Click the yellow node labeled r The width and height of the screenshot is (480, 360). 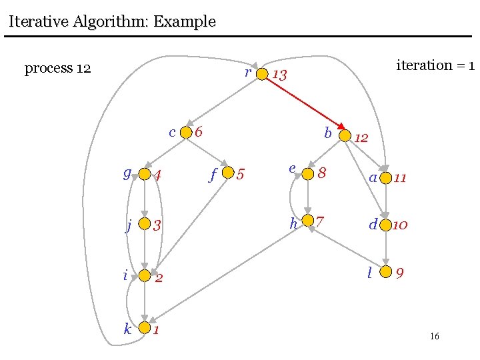point(262,73)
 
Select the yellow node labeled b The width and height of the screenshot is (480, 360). point(345,135)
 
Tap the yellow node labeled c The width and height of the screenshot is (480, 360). point(186,133)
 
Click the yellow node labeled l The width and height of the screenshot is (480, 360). point(385,271)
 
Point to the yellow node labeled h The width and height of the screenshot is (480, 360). point(307,221)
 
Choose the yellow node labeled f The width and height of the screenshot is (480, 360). point(228,173)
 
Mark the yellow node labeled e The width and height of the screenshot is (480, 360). point(307,174)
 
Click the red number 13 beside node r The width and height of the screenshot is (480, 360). point(280,75)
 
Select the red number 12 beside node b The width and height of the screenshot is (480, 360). point(361,139)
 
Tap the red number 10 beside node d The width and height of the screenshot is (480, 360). point(400,225)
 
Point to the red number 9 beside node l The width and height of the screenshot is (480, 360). point(399,273)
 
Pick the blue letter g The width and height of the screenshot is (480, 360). point(127,173)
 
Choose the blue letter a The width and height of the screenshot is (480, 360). point(373,178)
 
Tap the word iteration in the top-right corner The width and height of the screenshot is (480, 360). point(424,65)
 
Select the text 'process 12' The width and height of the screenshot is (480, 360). point(57,69)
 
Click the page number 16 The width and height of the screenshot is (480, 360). point(434,337)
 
